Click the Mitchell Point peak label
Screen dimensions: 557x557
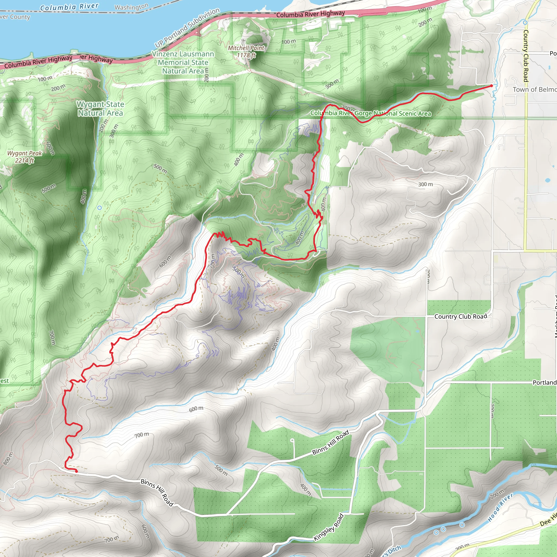coord(246,51)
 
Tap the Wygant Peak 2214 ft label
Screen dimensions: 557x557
coord(24,157)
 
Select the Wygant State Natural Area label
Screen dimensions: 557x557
coord(100,109)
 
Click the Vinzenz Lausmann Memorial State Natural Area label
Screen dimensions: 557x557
coord(183,62)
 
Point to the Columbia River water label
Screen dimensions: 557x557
coord(69,7)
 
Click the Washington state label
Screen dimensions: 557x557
coord(131,7)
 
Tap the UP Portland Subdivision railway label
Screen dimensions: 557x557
coord(187,28)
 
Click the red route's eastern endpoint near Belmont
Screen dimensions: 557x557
coord(491,86)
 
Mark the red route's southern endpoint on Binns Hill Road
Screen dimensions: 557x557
coord(76,472)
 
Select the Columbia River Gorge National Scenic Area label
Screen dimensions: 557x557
coord(370,113)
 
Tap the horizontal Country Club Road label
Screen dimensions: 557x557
coord(460,316)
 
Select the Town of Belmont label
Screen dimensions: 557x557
coord(534,89)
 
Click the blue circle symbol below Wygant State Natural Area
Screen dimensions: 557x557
coord(100,208)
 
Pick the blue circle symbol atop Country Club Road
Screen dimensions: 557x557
coord(525,23)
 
